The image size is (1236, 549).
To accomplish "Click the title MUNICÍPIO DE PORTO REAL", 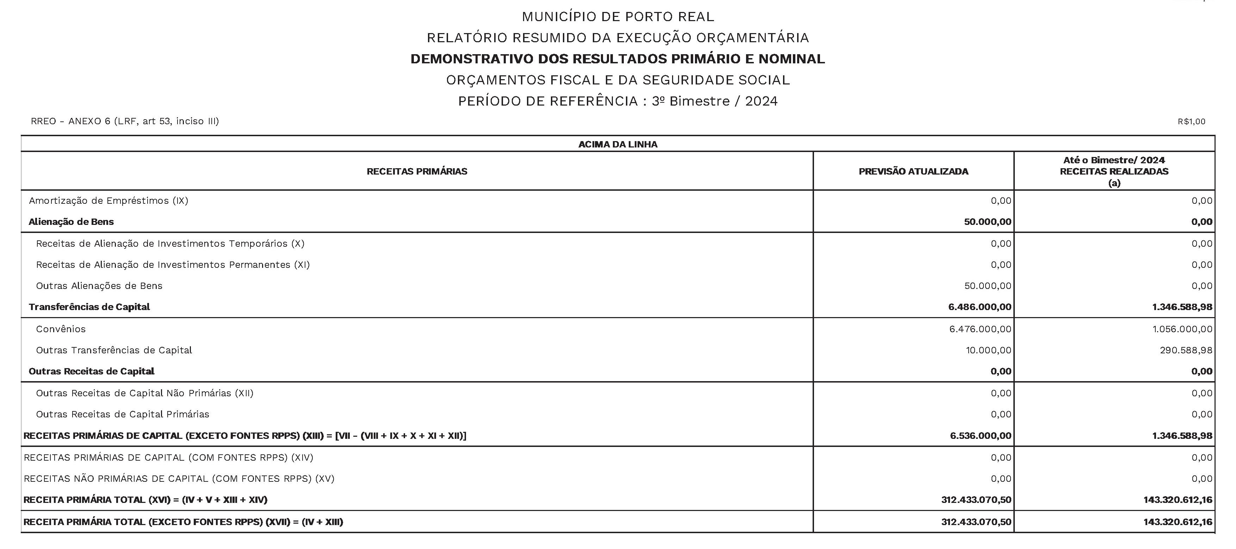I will tap(617, 17).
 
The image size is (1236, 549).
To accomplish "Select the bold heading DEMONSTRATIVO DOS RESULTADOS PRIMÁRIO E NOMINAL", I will tap(617, 59).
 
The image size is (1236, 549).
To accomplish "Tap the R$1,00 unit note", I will tap(1191, 122).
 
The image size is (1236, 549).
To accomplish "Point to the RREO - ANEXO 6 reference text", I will tap(125, 121).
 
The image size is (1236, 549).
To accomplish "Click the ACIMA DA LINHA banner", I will tap(617, 144).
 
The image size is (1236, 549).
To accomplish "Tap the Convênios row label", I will tap(61, 329).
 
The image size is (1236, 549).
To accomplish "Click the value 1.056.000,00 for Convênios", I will tap(1182, 329).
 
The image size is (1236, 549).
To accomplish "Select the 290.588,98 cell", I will tap(1186, 351).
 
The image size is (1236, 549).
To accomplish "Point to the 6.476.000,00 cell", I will tap(980, 329).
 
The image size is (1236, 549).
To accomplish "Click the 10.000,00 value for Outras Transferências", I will tap(988, 351).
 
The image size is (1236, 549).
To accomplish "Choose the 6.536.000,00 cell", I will tap(980, 436).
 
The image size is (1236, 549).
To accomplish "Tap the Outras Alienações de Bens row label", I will tap(99, 286).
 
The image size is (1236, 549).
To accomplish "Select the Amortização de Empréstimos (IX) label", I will tap(108, 201).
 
